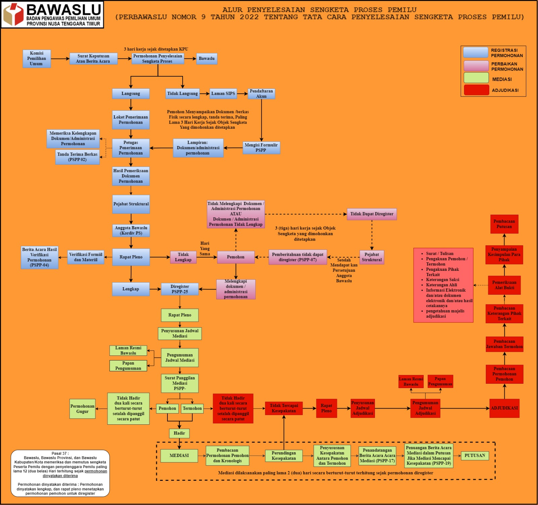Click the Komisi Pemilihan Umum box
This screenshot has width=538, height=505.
pyautogui.click(x=37, y=59)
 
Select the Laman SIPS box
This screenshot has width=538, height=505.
pyautogui.click(x=223, y=93)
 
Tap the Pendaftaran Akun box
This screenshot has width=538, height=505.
pyautogui.click(x=261, y=94)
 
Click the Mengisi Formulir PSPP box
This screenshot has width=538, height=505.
pyautogui.click(x=261, y=148)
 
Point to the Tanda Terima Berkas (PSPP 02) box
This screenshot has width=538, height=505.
pyautogui.click(x=77, y=157)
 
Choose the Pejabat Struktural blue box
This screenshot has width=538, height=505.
pyautogui.click(x=131, y=204)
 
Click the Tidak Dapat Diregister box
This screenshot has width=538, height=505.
pyautogui.click(x=372, y=214)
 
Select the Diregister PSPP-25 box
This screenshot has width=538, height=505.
pyautogui.click(x=180, y=289)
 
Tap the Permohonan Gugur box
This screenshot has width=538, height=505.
pyautogui.click(x=82, y=409)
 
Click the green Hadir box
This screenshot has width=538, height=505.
pyautogui.click(x=179, y=433)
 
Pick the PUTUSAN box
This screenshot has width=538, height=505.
pyautogui.click(x=475, y=456)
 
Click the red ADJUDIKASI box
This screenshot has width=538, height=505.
pyautogui.click(x=504, y=408)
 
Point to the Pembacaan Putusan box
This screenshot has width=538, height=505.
pyautogui.click(x=504, y=224)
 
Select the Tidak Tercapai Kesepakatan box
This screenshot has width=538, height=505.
pyautogui.click(x=284, y=408)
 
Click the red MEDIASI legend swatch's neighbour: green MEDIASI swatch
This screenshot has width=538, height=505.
pyautogui.click(x=476, y=78)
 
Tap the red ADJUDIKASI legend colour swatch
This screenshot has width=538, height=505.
pyautogui.click(x=476, y=90)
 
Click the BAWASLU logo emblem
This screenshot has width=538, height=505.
pyautogui.click(x=13, y=14)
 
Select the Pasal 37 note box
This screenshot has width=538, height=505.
pyautogui.click(x=60, y=473)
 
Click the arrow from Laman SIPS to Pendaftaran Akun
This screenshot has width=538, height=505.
pyautogui.click(x=242, y=93)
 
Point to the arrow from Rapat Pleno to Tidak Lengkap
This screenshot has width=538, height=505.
pyautogui.click(x=160, y=257)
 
